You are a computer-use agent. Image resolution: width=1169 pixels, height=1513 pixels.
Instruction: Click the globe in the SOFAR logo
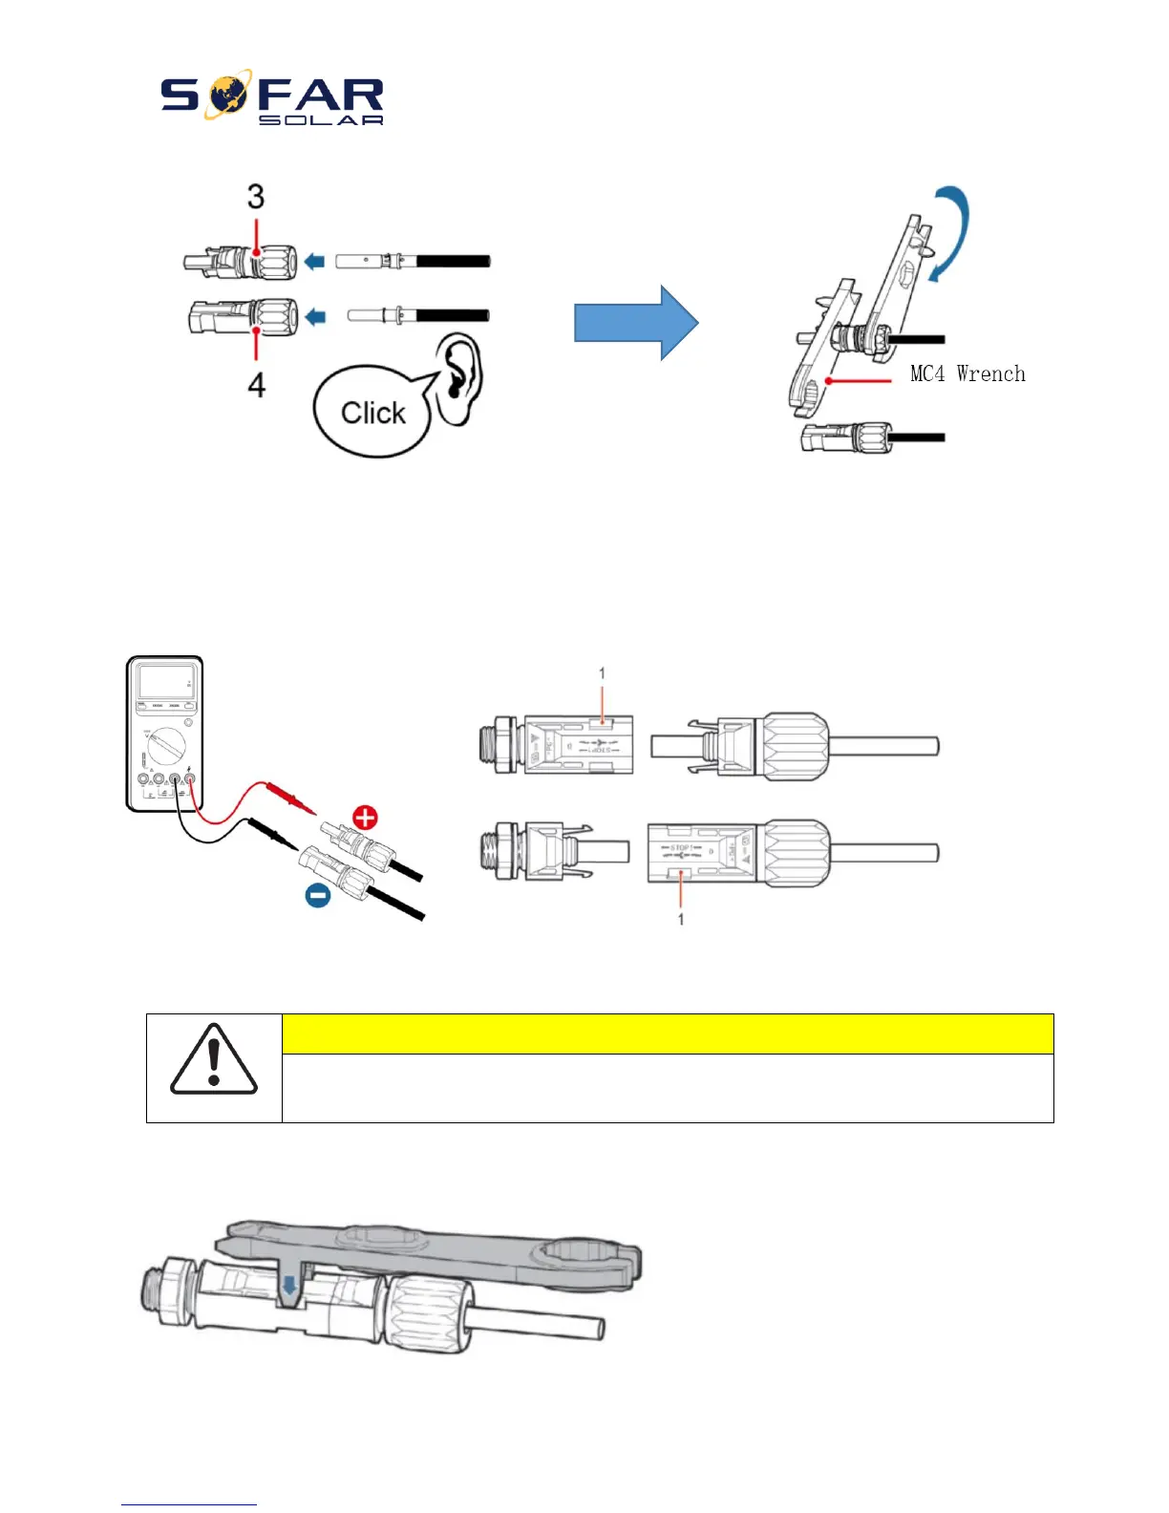(x=226, y=95)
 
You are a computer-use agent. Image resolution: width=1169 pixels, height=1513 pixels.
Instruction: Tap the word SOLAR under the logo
(x=321, y=120)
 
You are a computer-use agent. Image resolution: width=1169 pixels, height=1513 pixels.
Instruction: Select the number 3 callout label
(x=255, y=197)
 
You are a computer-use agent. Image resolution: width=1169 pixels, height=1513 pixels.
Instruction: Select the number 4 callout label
(x=256, y=385)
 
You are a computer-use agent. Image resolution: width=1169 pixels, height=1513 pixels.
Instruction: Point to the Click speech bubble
(x=372, y=414)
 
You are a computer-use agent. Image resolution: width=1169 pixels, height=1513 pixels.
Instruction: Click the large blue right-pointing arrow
(x=635, y=323)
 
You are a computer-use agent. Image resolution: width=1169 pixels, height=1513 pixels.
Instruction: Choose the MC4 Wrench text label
(x=967, y=373)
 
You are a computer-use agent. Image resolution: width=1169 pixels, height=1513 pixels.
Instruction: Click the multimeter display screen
(x=164, y=682)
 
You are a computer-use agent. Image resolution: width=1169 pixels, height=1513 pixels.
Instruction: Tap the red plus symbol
(x=365, y=818)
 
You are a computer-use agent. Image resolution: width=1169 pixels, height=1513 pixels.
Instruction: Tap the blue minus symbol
(x=318, y=896)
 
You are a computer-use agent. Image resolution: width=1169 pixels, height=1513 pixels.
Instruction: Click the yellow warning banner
(x=667, y=1034)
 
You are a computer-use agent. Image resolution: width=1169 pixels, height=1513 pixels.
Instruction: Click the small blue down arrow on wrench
(x=289, y=1290)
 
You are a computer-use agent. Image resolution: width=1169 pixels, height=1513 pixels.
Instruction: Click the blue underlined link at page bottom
(x=189, y=1504)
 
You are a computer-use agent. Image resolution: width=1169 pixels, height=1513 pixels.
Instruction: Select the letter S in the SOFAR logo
(x=180, y=96)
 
